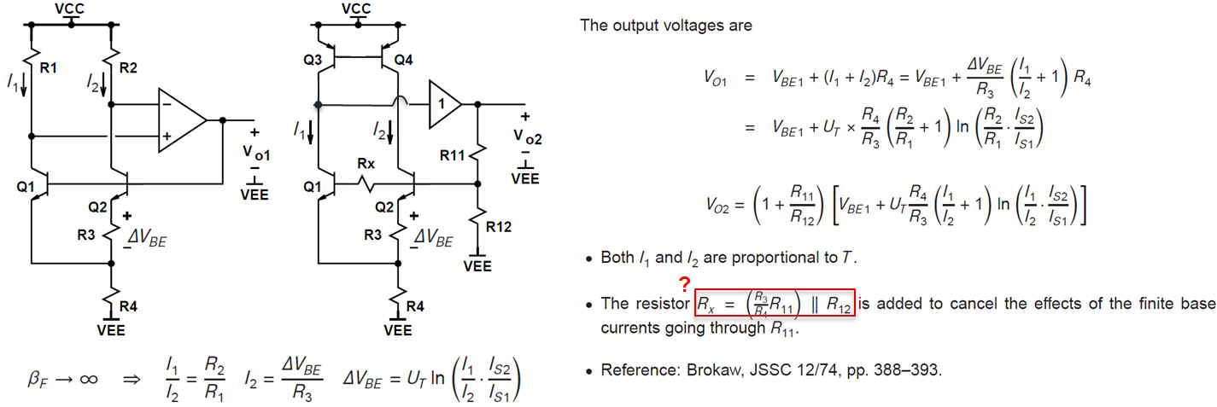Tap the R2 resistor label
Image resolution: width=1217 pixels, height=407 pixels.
[x=128, y=67]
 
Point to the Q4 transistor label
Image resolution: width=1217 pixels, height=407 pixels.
[x=405, y=61]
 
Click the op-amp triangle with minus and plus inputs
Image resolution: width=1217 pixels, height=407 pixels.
[x=181, y=119]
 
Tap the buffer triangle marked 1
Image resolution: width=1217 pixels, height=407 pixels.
[x=442, y=104]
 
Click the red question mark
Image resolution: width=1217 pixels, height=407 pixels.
[x=684, y=284]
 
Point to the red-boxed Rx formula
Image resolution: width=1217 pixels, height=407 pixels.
[x=775, y=303]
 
